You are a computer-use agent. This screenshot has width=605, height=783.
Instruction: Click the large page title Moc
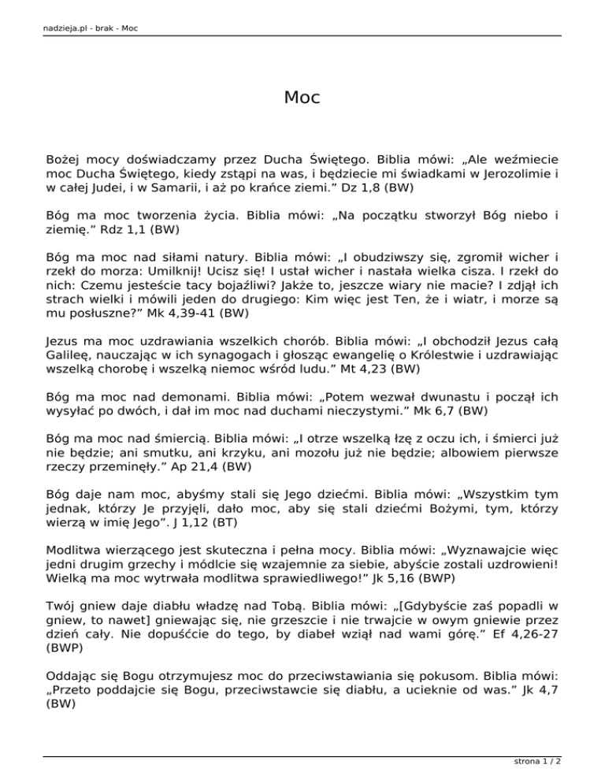(x=302, y=98)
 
